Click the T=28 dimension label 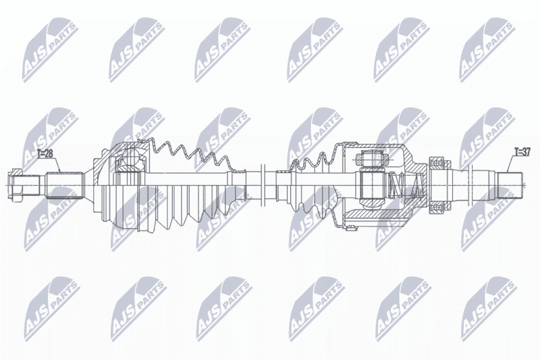[45, 153]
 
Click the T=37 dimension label [522, 151]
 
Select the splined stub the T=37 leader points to [510, 185]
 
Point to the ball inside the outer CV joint [130, 156]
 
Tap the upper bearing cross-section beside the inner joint [438, 162]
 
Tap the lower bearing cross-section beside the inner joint [438, 208]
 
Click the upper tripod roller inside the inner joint [371, 159]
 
